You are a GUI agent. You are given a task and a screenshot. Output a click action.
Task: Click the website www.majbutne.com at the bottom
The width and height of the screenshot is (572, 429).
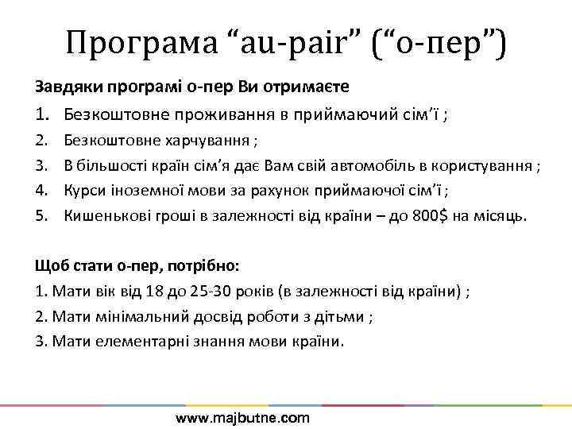tap(242, 417)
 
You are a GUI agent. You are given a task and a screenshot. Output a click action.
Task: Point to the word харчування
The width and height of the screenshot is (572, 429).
tap(208, 141)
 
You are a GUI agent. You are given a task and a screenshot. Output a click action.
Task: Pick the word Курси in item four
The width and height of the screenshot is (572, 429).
tap(83, 191)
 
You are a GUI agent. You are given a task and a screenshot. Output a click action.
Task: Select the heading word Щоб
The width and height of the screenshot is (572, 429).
tap(50, 266)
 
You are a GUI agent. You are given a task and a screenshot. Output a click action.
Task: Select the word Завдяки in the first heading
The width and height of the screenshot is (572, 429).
tap(62, 86)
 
